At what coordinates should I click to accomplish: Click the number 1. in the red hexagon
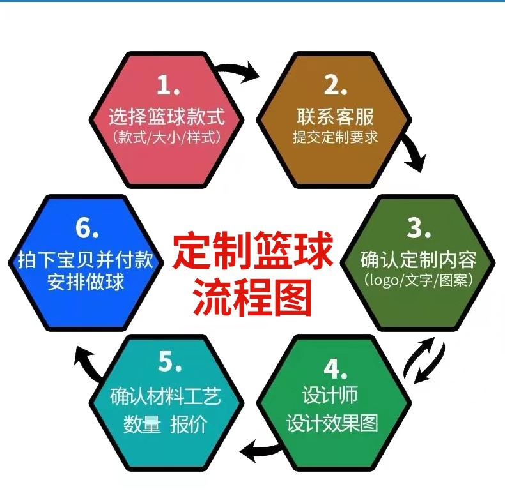pyautogui.click(x=168, y=85)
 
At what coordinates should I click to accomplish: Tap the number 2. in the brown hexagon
pyautogui.click(x=334, y=85)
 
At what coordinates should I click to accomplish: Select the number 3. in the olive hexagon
pyautogui.click(x=418, y=227)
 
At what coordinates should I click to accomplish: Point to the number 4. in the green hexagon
pyautogui.click(x=334, y=369)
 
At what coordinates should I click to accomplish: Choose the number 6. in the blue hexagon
pyautogui.click(x=86, y=227)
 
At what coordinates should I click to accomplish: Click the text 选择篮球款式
pyautogui.click(x=167, y=117)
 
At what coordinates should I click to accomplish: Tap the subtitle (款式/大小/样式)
pyautogui.click(x=167, y=137)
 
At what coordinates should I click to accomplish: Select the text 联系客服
pyautogui.click(x=334, y=117)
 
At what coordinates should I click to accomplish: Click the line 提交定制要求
pyautogui.click(x=334, y=137)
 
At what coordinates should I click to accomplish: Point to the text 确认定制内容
pyautogui.click(x=418, y=260)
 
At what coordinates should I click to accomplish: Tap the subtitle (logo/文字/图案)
pyautogui.click(x=418, y=280)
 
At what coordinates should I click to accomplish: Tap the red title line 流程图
pyautogui.click(x=252, y=295)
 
